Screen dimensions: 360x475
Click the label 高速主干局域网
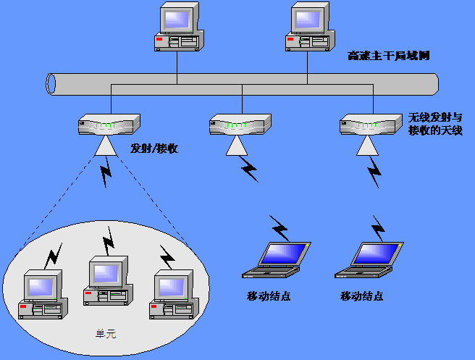(x=389, y=56)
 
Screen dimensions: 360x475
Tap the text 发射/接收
(x=154, y=148)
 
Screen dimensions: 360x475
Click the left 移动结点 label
(x=269, y=296)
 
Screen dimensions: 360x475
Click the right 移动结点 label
(x=361, y=296)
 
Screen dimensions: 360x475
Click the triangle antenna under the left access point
(x=106, y=147)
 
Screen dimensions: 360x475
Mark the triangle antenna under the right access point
(x=368, y=147)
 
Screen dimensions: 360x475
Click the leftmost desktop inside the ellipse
(x=43, y=295)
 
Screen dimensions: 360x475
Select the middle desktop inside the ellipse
(x=108, y=282)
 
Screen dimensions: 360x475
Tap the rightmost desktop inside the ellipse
(x=172, y=295)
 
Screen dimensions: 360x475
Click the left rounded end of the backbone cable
(x=51, y=84)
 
